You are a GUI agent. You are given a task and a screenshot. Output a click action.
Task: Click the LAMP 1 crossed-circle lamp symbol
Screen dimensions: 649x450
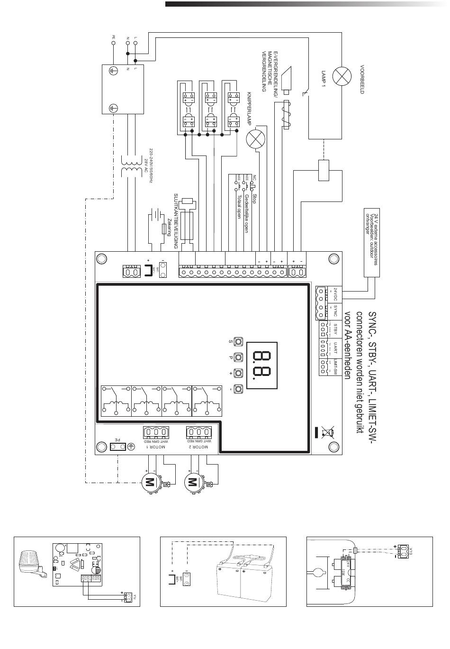[x=342, y=76]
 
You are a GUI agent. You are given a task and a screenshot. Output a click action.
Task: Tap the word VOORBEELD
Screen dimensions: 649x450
[x=362, y=79]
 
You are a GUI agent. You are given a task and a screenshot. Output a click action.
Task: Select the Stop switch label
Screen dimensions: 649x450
[x=254, y=198]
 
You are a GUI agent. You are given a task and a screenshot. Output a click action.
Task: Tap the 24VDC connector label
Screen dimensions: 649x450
[x=335, y=295]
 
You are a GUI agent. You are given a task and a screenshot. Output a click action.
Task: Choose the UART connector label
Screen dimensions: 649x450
[x=335, y=348]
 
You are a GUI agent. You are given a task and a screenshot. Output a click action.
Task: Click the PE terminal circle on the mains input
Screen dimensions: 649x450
[x=114, y=43]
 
